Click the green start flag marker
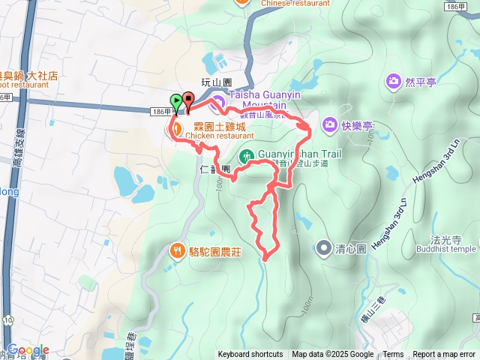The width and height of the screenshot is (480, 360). point(175,99)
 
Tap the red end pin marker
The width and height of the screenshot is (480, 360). point(187,98)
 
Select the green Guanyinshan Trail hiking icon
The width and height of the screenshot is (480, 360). point(245,156)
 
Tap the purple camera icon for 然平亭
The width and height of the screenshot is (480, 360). point(393,80)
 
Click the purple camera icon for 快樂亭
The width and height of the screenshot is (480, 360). point(330,124)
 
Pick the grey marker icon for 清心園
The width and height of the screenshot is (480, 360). point(323,247)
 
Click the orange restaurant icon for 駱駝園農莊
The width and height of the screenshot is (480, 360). point(177,250)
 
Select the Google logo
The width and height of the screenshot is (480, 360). point(28,349)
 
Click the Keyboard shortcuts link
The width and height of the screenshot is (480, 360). point(250,355)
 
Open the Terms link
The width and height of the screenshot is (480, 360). point(393,355)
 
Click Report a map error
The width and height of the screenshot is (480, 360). point(445,355)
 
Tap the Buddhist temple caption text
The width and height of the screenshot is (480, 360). point(446,249)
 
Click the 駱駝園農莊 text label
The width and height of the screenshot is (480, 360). point(214,252)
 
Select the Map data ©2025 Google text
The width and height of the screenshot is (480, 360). point(332,355)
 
